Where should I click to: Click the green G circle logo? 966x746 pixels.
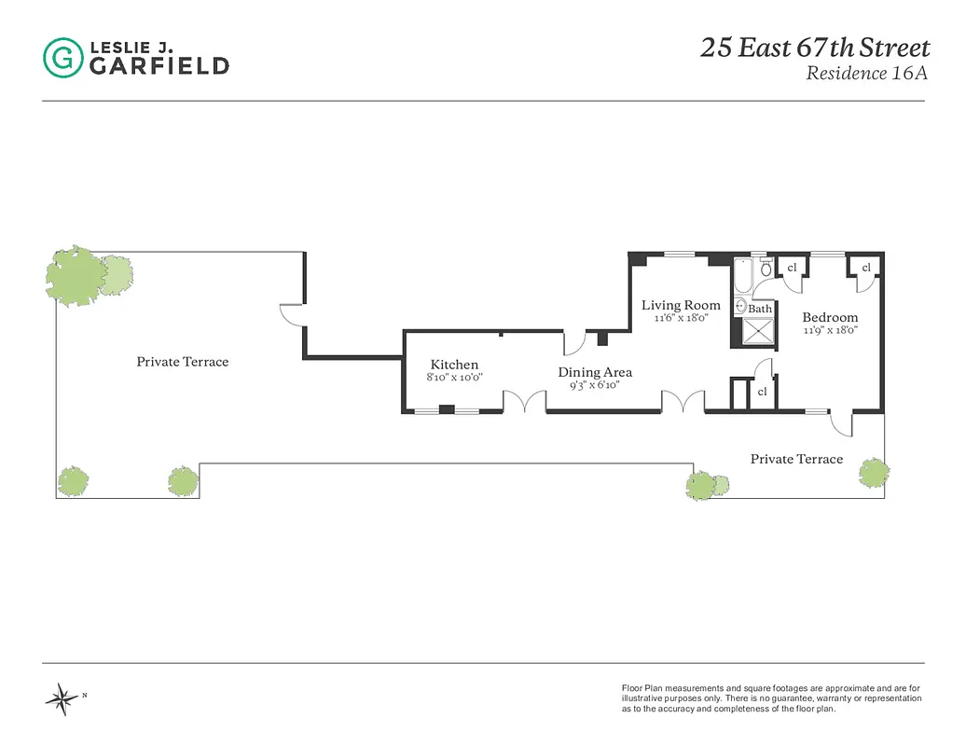point(62,57)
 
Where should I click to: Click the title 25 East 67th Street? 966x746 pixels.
point(815,48)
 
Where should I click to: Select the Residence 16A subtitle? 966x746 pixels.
point(867,75)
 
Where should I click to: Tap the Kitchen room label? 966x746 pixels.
point(454,365)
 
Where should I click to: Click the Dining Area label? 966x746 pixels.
point(595,372)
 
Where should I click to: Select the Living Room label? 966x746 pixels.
point(681,305)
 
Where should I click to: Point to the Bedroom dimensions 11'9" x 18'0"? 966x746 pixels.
point(830,329)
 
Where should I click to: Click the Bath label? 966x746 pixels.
point(760,309)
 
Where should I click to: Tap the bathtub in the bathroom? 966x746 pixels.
point(743,276)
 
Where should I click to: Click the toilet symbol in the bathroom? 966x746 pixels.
point(766,269)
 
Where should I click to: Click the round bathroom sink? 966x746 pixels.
point(741,305)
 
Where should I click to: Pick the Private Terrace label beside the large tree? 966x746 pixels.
point(182,362)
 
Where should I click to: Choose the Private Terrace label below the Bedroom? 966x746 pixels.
point(796,459)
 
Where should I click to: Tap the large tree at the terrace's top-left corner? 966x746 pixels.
point(77,275)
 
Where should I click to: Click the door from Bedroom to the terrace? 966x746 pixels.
point(841,424)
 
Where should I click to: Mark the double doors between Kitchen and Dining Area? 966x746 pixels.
point(524,402)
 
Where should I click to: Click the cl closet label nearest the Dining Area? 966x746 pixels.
point(762,392)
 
